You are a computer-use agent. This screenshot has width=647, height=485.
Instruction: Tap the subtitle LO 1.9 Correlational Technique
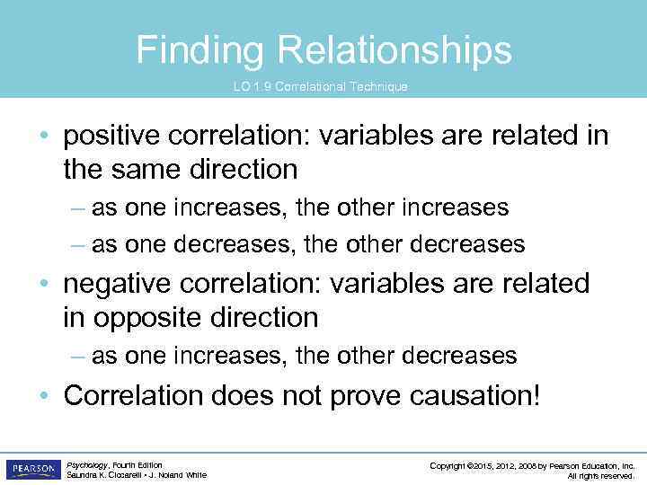coord(320,87)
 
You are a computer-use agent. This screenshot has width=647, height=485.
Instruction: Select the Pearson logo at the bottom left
coord(33,470)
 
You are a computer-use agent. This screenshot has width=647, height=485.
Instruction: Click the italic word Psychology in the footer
coord(87,465)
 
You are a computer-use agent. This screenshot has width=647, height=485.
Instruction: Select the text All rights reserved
coord(601,476)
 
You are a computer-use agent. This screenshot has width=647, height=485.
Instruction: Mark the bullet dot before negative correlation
coord(43,285)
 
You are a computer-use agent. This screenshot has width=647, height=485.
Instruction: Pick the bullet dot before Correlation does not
coord(43,396)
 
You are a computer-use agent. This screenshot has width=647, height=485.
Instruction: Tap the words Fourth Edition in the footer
coord(137,465)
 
